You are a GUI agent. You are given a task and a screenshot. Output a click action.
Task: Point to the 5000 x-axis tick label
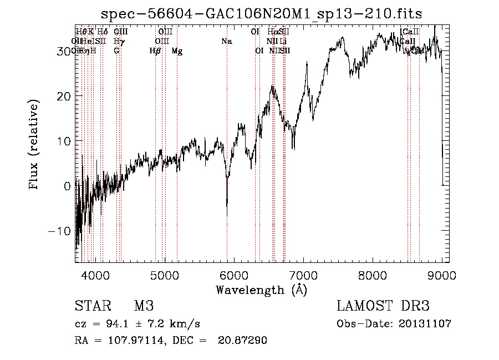pyautogui.click(x=164, y=275)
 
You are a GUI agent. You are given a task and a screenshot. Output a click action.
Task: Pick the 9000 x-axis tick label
pyautogui.click(x=441, y=275)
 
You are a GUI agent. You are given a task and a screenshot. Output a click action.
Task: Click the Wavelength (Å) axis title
pyautogui.click(x=261, y=290)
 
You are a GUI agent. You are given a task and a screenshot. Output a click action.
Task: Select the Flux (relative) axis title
pyautogui.click(x=35, y=145)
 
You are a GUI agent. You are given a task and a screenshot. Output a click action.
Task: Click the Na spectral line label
pyautogui.click(x=226, y=42)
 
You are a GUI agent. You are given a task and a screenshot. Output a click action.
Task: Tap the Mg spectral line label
pyautogui.click(x=177, y=51)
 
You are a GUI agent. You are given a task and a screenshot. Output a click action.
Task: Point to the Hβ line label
pyautogui.click(x=155, y=51)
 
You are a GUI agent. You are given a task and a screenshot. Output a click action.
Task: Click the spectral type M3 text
pyautogui.click(x=143, y=306)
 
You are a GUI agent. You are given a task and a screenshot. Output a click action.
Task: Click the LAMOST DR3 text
pyautogui.click(x=383, y=306)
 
